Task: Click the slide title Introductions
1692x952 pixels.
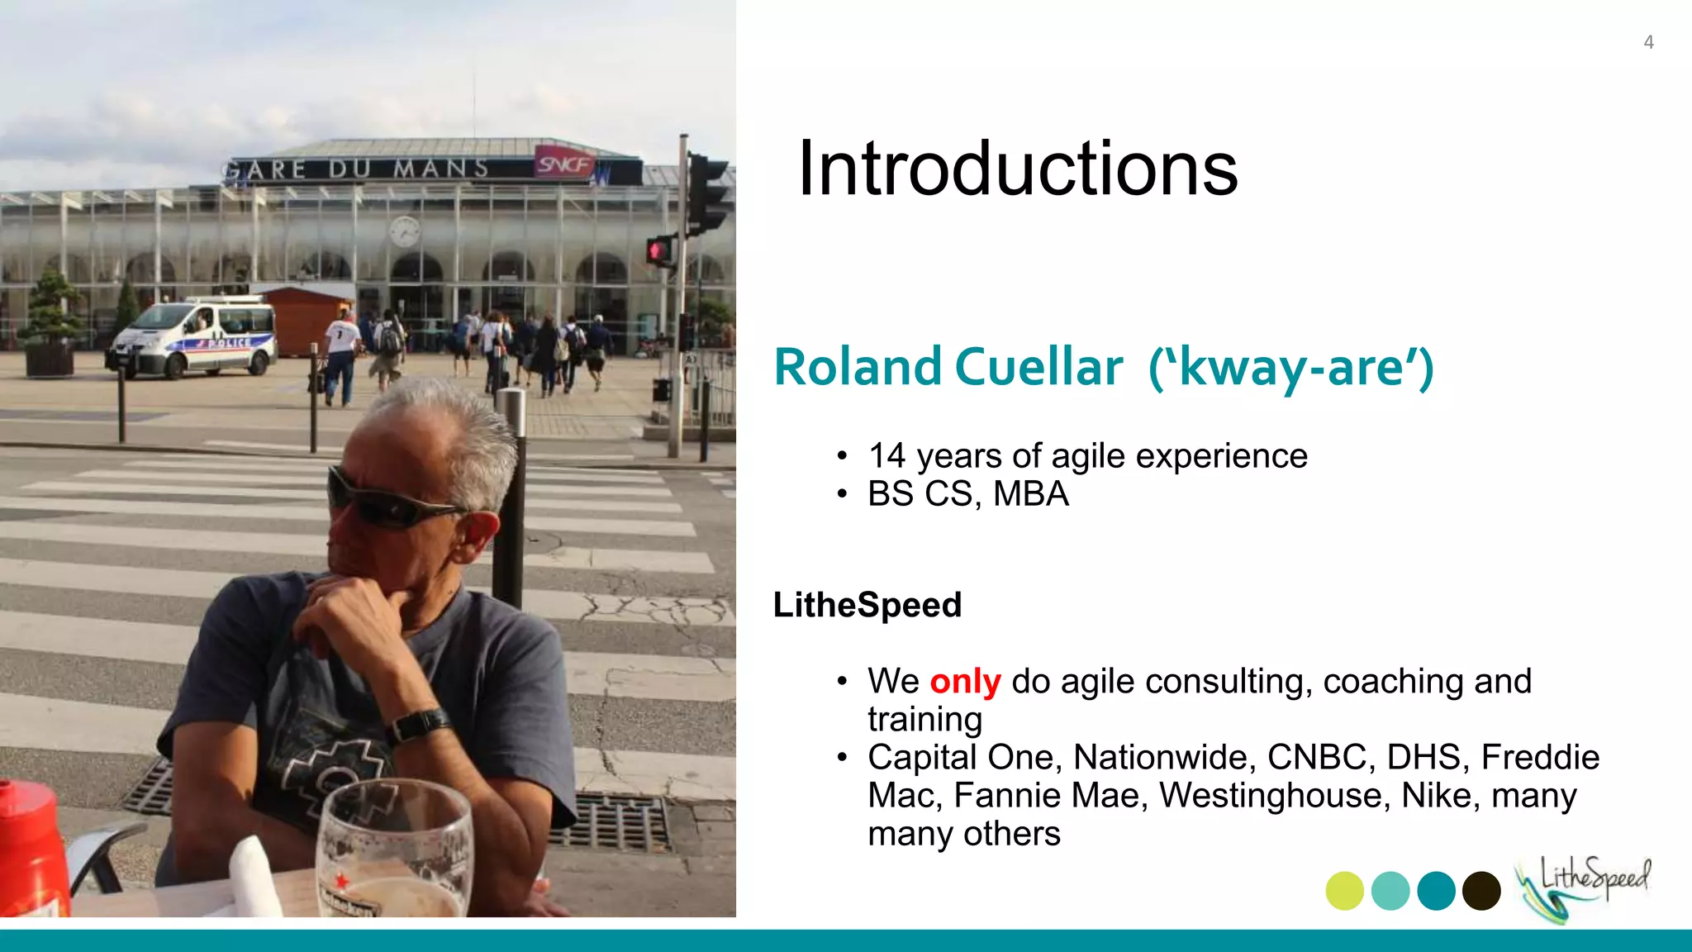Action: [x=1017, y=169]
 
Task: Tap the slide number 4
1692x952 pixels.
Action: [x=1648, y=42]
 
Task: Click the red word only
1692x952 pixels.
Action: [x=965, y=682]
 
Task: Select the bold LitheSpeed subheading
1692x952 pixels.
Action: [x=867, y=605]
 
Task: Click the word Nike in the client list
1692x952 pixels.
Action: [x=1437, y=796]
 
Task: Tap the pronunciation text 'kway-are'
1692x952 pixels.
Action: [x=1291, y=368]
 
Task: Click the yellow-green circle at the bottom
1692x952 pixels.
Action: [x=1344, y=891]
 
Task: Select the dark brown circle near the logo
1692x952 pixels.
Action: [x=1481, y=891]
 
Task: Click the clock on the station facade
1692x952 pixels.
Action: [x=404, y=231]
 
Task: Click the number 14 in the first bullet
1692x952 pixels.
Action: [x=886, y=456]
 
